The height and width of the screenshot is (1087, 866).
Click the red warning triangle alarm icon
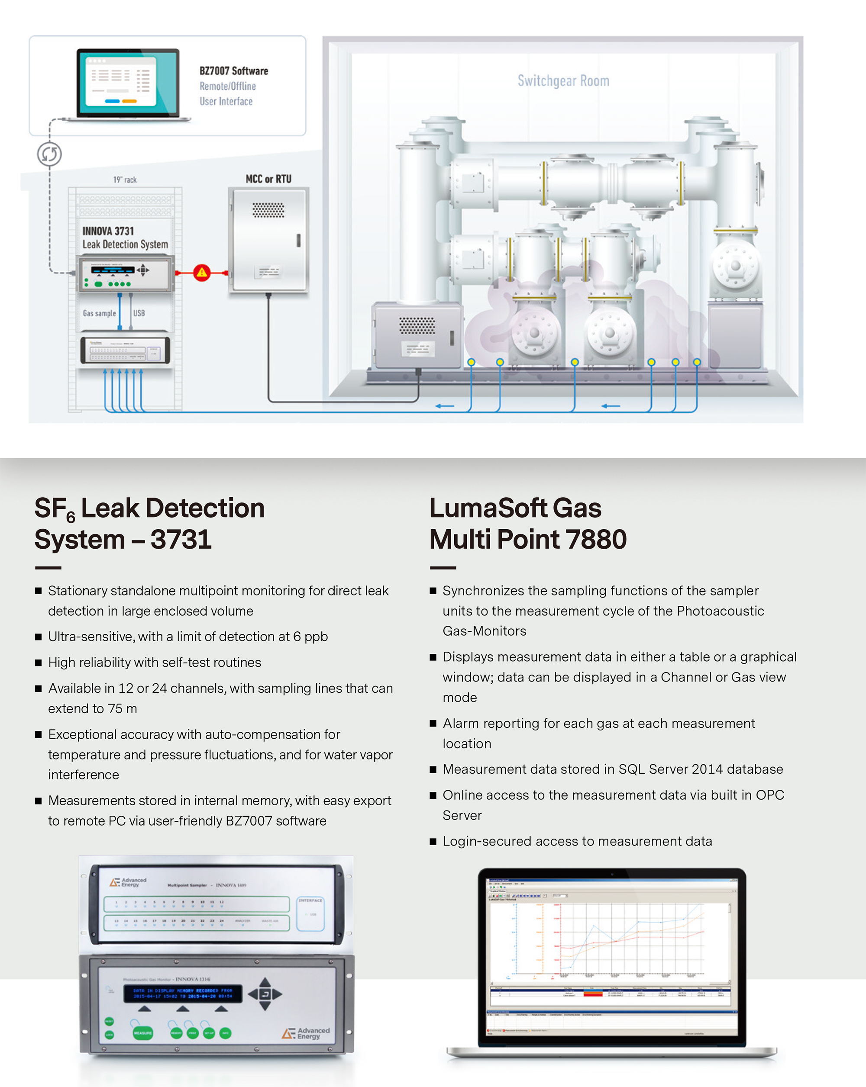coord(202,273)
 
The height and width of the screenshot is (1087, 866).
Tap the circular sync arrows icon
coord(49,154)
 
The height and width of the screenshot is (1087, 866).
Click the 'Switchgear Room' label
coord(563,80)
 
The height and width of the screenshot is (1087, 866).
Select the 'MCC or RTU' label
coord(268,179)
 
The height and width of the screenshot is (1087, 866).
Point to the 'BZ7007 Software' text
coord(233,71)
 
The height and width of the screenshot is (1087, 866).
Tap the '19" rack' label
coord(125,180)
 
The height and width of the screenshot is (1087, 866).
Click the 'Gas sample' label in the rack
coord(99,313)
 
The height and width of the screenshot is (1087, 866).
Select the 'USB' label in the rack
coord(139,313)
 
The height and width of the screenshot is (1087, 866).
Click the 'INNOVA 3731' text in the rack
coord(108,231)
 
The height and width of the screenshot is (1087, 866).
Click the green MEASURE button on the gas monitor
coord(143,1033)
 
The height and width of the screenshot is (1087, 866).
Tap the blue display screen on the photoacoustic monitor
coord(183,993)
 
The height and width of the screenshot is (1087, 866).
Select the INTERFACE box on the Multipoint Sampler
coord(310,913)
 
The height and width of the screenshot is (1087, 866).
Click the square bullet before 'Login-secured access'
coord(433,842)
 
